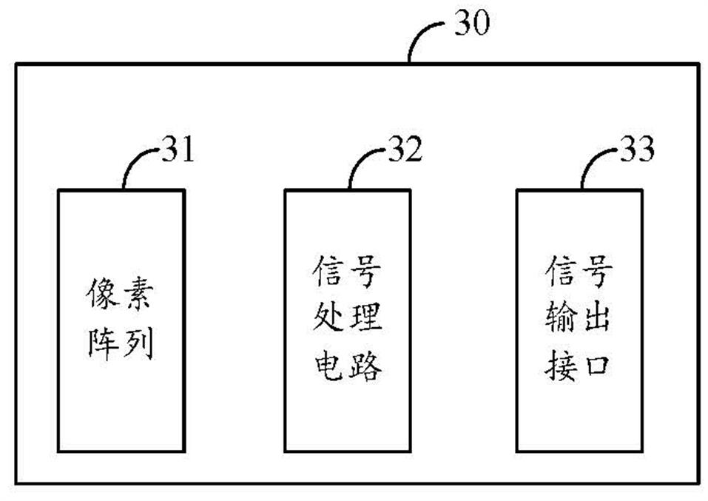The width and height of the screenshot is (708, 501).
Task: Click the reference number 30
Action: coord(471,24)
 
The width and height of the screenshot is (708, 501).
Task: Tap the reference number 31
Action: coord(178,152)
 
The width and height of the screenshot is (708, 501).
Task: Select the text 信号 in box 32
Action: coord(347,275)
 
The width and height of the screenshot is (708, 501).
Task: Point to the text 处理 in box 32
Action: coord(347,320)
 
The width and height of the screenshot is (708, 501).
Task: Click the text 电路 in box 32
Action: coord(347,365)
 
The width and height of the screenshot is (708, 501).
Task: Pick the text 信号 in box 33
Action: coord(579,275)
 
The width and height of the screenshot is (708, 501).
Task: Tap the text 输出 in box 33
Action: coord(579,320)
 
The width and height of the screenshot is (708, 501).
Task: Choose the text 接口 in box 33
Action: coord(579,365)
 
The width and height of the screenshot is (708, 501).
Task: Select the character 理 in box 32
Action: coord(364,320)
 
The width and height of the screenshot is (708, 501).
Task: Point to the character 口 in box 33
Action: coord(596,366)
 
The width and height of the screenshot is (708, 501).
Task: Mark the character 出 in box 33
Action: coord(596,320)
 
